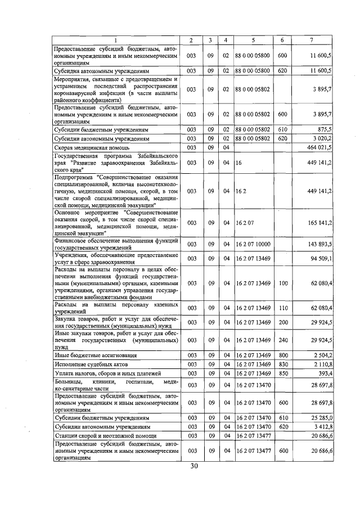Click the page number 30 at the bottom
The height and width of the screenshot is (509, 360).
(195, 466)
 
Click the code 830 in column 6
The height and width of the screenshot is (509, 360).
(282, 364)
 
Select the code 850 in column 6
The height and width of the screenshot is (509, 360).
(282, 373)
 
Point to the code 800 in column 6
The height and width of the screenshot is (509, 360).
(282, 356)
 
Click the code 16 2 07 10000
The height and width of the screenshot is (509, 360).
(254, 244)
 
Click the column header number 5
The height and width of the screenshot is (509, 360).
(254, 40)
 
